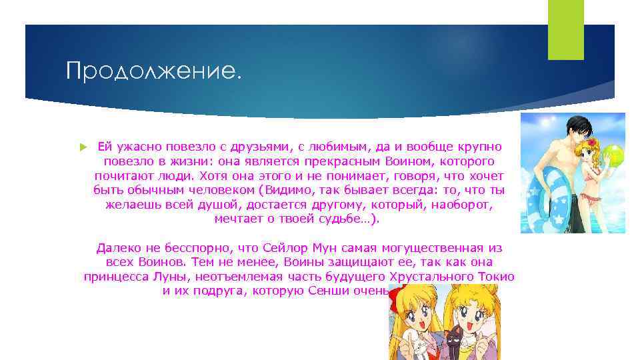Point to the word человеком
pos(216,190)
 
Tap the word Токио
pos(494,277)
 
